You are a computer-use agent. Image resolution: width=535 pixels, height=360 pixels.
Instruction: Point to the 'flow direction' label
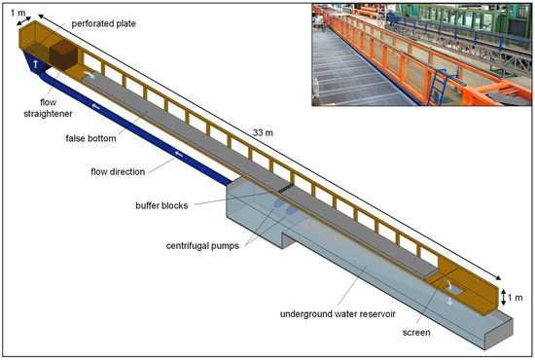tap(115, 171)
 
